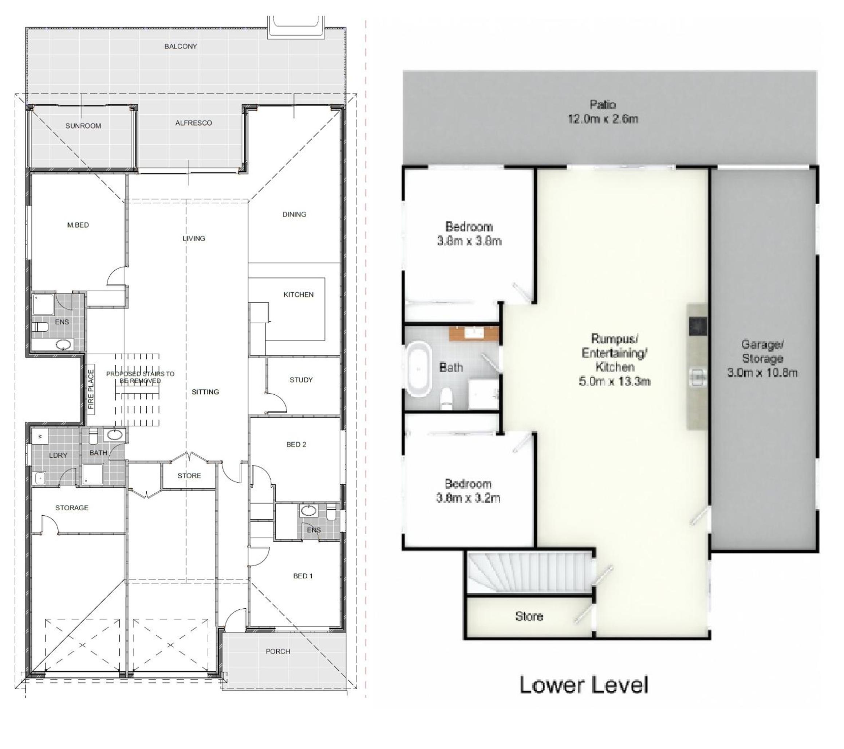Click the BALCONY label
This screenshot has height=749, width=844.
[181, 46]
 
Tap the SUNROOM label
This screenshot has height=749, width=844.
[83, 126]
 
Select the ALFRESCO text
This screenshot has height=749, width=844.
[193, 123]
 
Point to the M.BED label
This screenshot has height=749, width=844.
[78, 225]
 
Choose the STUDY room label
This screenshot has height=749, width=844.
[301, 380]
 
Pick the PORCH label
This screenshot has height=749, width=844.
[277, 651]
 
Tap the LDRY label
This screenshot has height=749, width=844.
[58, 455]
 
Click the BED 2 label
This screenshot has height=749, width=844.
[296, 444]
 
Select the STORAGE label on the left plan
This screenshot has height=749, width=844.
[72, 508]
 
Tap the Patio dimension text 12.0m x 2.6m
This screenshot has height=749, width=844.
[603, 119]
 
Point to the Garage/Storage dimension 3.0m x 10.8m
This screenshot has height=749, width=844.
[762, 373]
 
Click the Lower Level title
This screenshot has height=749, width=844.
[583, 684]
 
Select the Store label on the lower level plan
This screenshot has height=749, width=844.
[529, 616]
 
